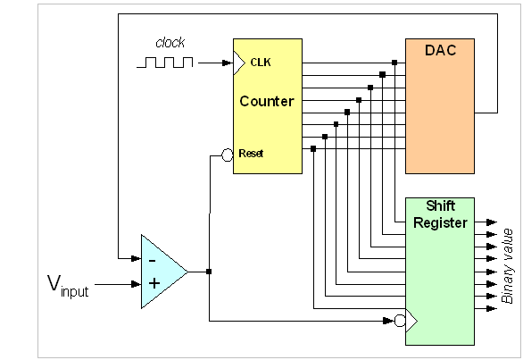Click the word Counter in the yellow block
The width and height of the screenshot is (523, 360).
[x=267, y=101]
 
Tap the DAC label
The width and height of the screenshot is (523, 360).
[x=440, y=50]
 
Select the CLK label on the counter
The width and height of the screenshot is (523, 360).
[x=261, y=63]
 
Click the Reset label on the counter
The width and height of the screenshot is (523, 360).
[x=251, y=154]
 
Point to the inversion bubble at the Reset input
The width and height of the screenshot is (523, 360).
[x=228, y=155]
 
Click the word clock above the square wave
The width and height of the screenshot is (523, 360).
[x=170, y=42]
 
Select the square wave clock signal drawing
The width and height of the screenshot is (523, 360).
[x=165, y=63]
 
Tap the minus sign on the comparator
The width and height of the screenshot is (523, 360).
[x=152, y=261]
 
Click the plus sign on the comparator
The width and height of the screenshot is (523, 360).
[x=154, y=283]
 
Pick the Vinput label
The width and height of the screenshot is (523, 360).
[x=68, y=286]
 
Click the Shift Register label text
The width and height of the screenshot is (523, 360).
[x=440, y=214]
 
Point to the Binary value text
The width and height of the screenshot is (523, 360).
[x=507, y=266]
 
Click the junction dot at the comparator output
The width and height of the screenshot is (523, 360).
[x=209, y=272]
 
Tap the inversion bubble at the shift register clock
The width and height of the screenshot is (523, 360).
[x=400, y=321]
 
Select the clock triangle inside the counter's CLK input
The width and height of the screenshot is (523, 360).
[x=239, y=63]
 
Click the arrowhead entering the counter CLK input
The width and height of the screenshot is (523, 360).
[x=227, y=63]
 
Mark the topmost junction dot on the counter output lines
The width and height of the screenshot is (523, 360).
[x=394, y=63]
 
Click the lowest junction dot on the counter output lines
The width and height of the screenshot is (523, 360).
[x=313, y=148]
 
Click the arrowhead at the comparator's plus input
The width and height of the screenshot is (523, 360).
[x=136, y=284]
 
